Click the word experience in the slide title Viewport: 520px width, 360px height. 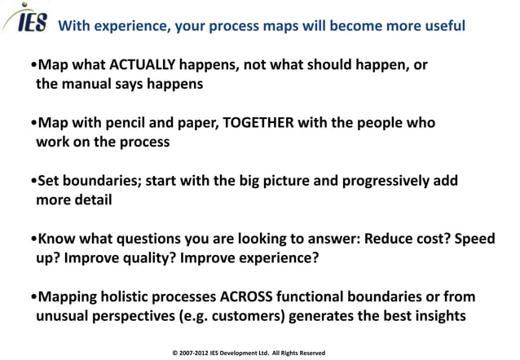[x=132, y=25]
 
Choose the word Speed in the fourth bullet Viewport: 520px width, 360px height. [x=454, y=240]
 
